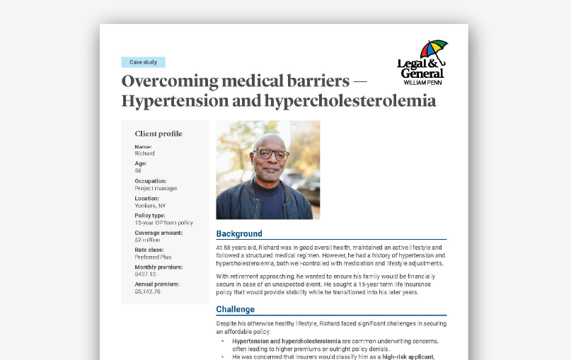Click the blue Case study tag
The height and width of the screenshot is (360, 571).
[143, 62]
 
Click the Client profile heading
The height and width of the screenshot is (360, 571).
[158, 134]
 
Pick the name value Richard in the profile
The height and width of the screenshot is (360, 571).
[144, 153]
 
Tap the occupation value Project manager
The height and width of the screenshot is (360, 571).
[156, 188]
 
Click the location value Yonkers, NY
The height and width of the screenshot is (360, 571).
[150, 205]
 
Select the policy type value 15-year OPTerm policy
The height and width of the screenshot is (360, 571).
[163, 222]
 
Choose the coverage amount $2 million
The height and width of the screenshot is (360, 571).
[148, 240]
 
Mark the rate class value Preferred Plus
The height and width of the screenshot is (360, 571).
[153, 257]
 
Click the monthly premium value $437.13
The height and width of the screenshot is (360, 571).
[146, 274]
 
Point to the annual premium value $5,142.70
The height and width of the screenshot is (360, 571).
[148, 291]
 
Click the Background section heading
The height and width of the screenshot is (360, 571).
[239, 233]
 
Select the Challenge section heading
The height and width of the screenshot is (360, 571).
[235, 309]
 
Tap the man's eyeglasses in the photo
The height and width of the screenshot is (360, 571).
[272, 153]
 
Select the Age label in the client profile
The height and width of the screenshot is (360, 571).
[141, 163]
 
